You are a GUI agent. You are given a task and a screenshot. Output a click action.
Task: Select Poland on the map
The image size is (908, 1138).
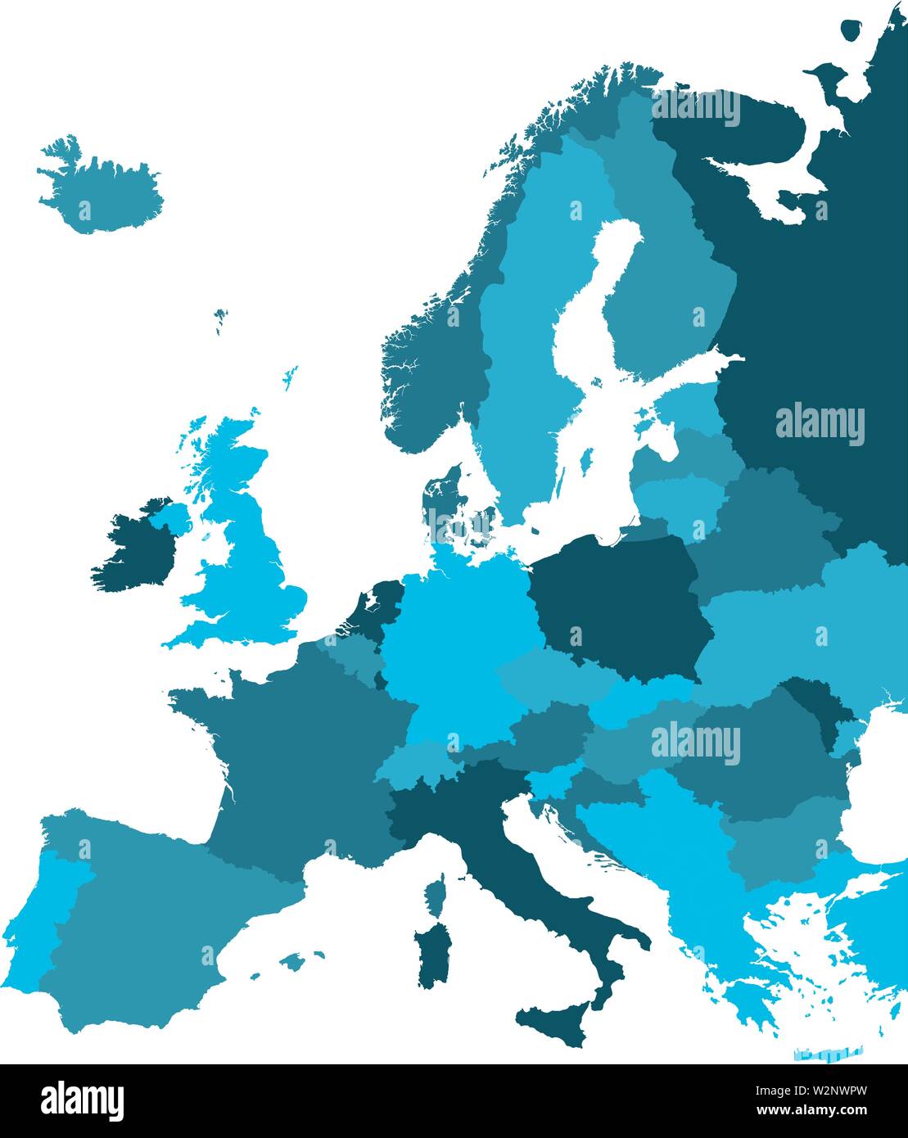(x=618, y=606)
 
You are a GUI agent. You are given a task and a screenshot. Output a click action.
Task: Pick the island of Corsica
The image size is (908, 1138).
(x=437, y=892)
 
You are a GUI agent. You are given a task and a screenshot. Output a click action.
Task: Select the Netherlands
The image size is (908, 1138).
(x=373, y=602)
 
